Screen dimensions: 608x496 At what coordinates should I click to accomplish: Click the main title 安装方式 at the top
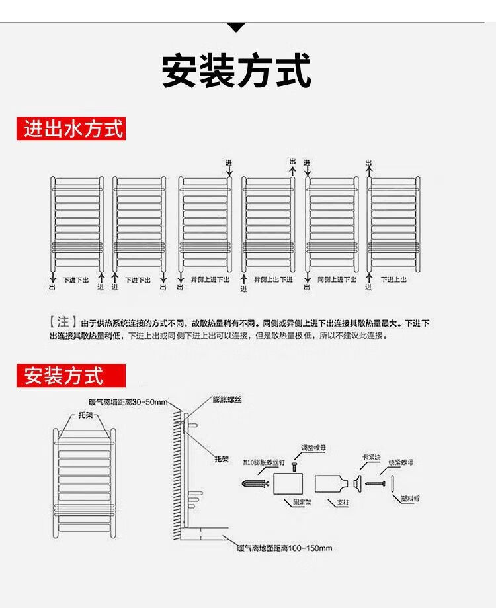[236, 72]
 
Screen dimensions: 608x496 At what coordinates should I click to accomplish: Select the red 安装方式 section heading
[64, 376]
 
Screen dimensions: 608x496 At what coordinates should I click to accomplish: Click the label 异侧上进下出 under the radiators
[210, 280]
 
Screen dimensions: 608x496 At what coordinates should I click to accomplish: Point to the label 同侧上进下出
[337, 280]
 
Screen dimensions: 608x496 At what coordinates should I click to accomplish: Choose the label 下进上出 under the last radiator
[393, 280]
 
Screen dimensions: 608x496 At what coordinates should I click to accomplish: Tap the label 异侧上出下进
[273, 280]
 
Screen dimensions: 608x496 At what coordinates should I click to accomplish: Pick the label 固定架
[302, 502]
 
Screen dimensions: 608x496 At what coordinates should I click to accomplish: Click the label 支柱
[343, 502]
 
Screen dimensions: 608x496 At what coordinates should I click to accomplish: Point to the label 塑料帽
[409, 499]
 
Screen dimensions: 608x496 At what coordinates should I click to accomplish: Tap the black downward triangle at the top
[236, 28]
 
